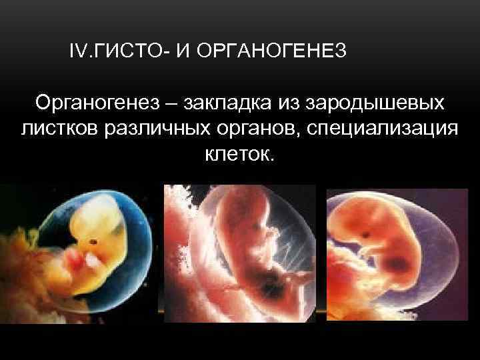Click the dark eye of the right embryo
click(366, 235)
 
